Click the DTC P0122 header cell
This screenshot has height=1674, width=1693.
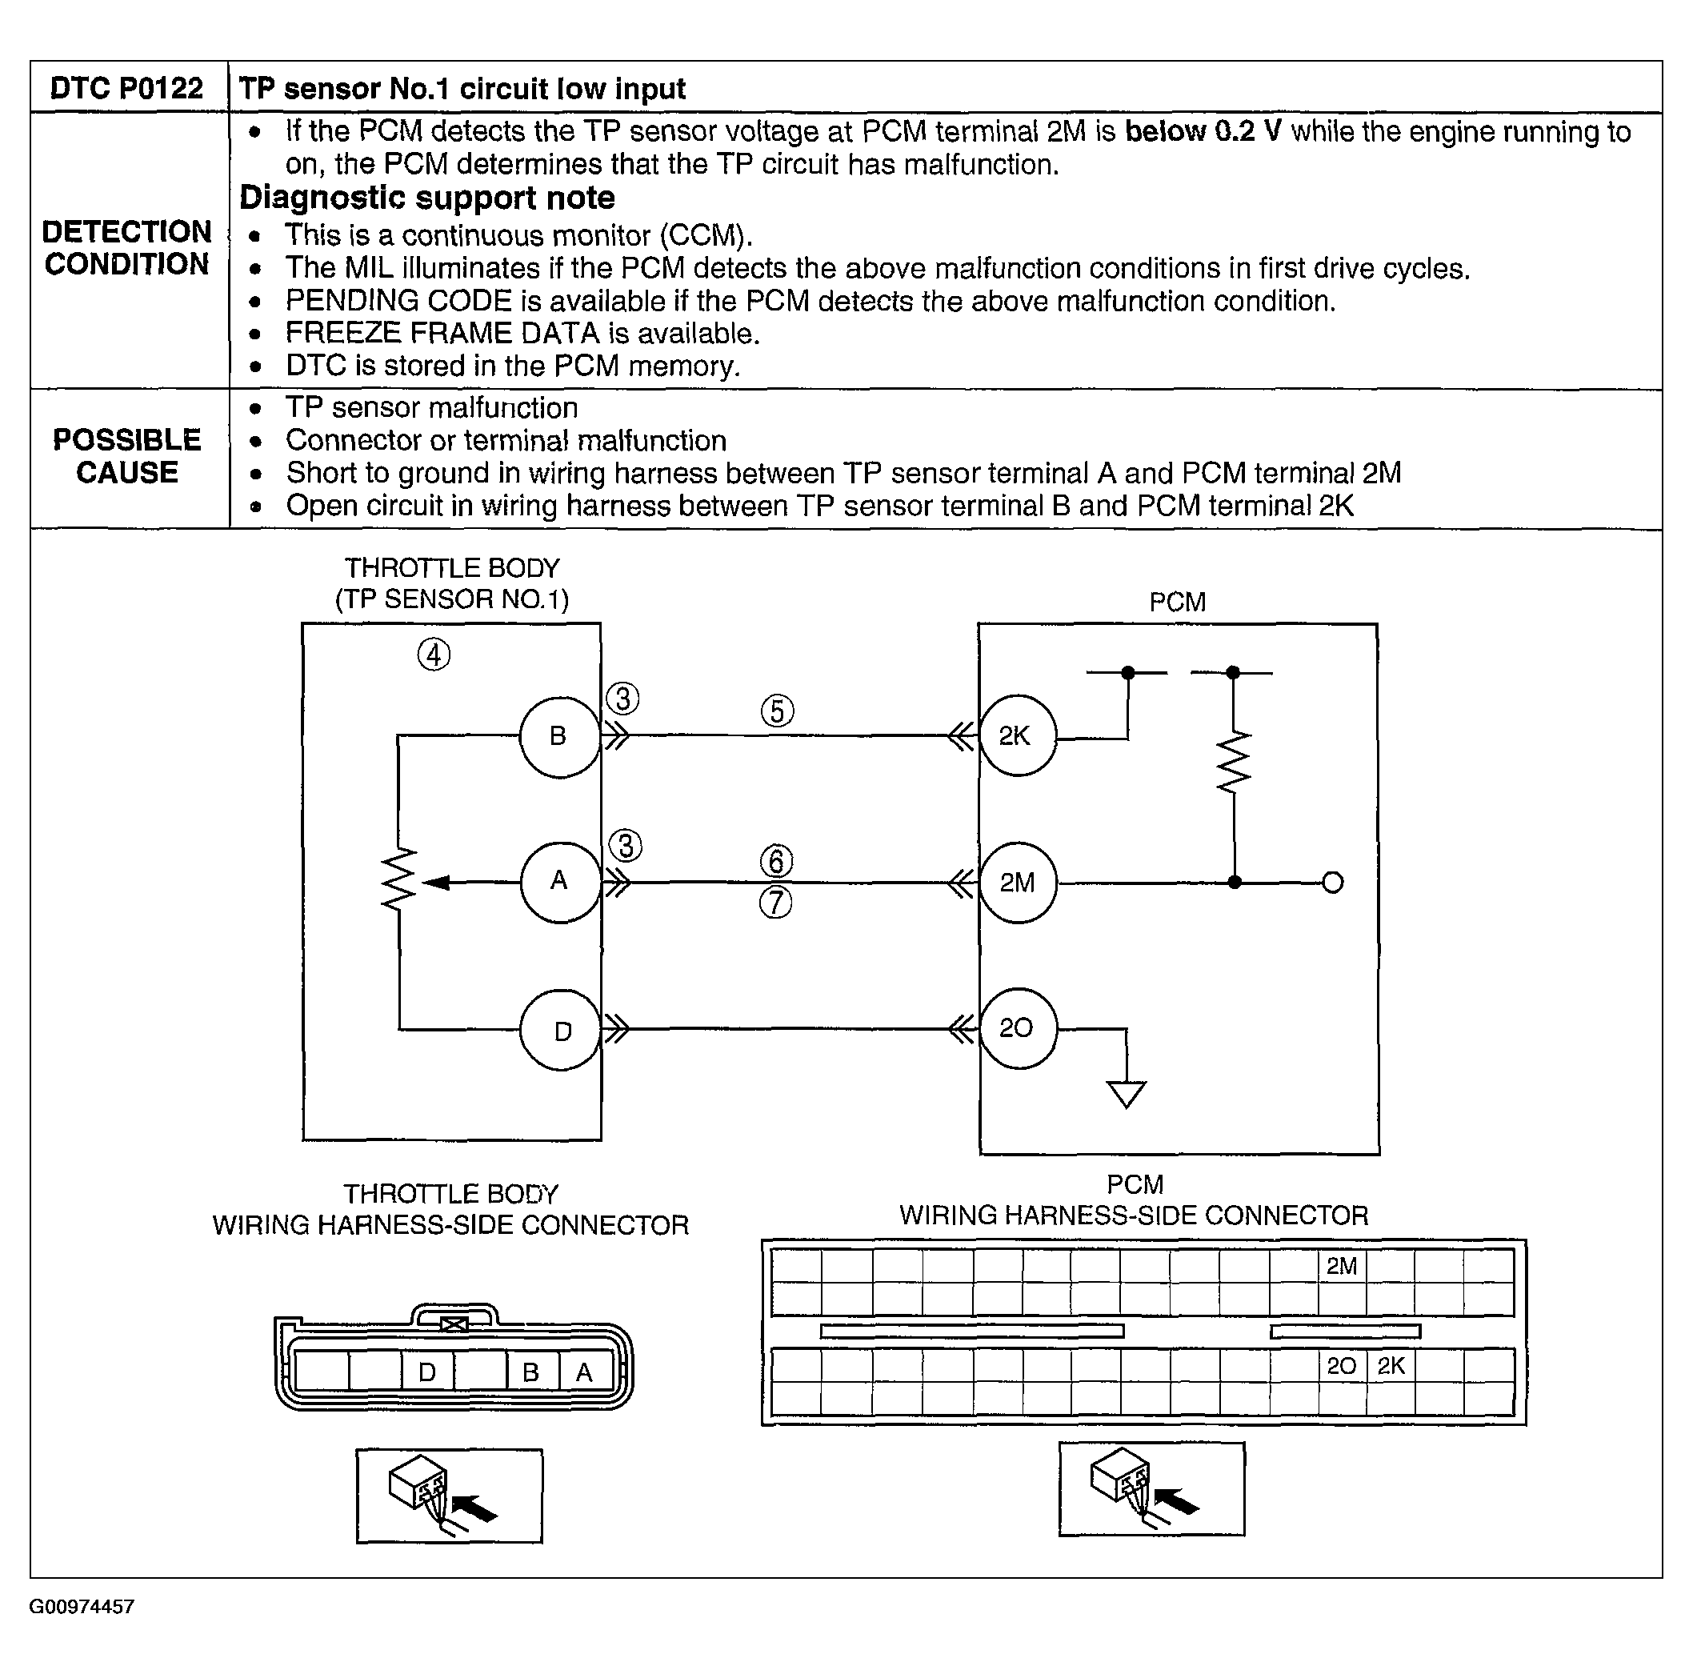(127, 89)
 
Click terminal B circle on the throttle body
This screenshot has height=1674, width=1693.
(559, 737)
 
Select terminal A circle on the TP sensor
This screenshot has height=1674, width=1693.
(559, 882)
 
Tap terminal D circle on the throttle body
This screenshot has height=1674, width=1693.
(561, 1031)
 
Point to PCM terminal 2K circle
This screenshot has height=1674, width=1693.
(1016, 736)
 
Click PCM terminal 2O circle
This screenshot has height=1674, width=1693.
(1016, 1028)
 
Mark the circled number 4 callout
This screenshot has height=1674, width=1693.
(434, 655)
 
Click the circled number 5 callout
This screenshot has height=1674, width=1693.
(777, 711)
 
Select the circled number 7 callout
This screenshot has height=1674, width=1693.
(775, 903)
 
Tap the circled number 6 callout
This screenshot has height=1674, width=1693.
(776, 862)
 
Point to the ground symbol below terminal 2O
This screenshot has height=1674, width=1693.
(1126, 1095)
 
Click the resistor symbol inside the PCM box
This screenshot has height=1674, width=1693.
(1234, 762)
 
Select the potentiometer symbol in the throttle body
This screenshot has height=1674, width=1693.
(399, 879)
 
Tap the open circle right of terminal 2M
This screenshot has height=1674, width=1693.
(1333, 883)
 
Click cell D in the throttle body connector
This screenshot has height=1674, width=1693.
(427, 1372)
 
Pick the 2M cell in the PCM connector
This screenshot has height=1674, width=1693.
(1342, 1266)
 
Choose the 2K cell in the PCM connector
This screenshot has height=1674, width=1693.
(1391, 1365)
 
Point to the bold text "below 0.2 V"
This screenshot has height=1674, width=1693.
(1203, 131)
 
